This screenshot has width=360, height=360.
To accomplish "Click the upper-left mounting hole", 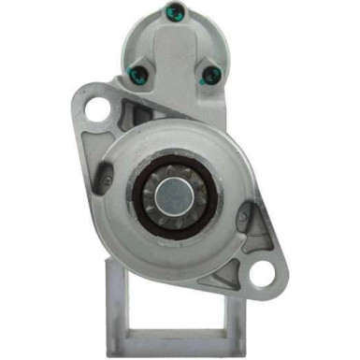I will pyautogui.click(x=95, y=109).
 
